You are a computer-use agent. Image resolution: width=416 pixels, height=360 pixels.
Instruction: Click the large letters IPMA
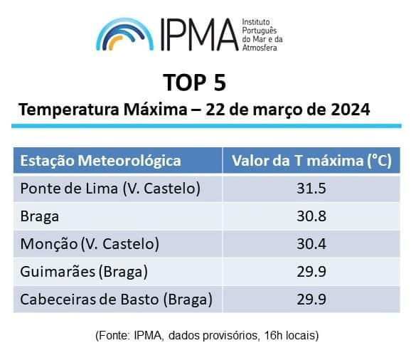point(199,35)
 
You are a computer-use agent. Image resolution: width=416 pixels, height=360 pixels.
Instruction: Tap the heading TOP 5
point(194,83)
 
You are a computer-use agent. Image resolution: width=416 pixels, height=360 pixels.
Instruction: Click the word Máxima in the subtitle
point(156,110)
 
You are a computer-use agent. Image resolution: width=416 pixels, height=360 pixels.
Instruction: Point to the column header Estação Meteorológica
point(100,161)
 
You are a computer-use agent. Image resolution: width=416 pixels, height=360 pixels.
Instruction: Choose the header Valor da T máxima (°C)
point(311,161)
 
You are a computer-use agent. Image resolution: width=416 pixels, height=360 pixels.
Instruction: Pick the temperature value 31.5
point(311,189)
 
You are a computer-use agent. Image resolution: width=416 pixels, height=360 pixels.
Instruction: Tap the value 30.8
point(311,216)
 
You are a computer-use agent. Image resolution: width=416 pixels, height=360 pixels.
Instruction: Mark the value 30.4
point(311,244)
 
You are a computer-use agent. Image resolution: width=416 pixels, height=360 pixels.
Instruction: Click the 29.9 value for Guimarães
point(311,272)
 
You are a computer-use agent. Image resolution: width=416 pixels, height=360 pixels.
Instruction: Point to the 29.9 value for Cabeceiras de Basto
point(311,300)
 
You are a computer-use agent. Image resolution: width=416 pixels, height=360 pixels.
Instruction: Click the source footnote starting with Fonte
point(207,336)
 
